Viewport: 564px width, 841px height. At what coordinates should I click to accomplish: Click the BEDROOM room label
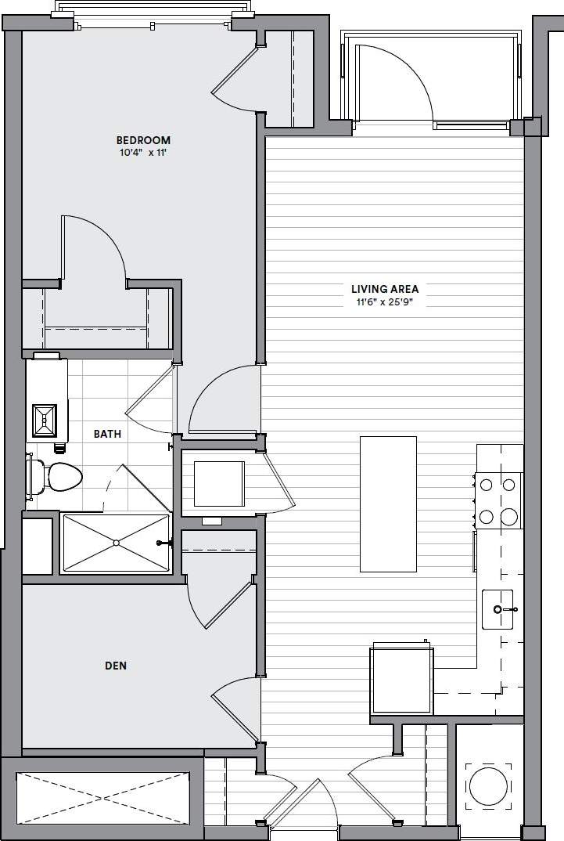coord(138,140)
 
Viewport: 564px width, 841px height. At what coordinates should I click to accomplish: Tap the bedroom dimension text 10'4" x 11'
coord(138,153)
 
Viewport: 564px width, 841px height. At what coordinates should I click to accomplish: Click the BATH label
coord(107,433)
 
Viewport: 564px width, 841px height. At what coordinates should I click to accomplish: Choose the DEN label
coord(116,666)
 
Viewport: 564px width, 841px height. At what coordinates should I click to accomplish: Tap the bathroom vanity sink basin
coord(45,420)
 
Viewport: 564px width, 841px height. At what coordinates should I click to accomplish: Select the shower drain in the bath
coord(116,542)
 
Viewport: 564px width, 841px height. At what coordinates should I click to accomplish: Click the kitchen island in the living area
coord(388,504)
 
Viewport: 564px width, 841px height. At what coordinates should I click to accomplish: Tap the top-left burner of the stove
coord(486,485)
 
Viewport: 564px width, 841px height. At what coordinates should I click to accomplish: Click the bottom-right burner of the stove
coord(509,516)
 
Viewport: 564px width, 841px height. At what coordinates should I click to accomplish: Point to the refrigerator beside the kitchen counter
coord(401,678)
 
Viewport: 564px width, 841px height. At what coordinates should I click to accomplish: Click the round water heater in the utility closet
coord(488,787)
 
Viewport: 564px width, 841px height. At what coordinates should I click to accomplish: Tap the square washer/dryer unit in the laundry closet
coord(219,484)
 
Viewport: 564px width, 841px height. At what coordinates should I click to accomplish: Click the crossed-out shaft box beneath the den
coord(102,797)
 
